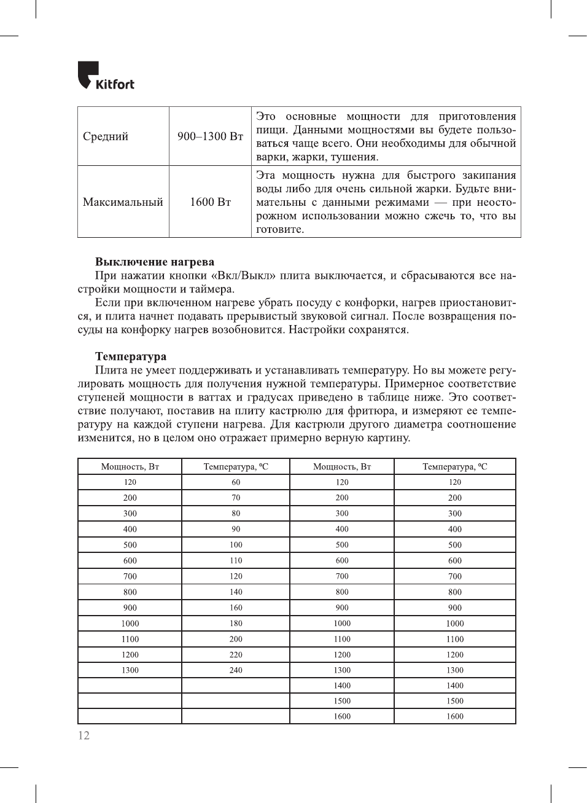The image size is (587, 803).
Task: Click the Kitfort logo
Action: tap(106, 76)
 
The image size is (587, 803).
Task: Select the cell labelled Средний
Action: tap(106, 136)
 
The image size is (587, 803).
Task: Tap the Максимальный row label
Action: tap(123, 202)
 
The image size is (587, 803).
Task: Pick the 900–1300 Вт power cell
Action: tap(210, 136)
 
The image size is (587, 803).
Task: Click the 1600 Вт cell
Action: tap(210, 202)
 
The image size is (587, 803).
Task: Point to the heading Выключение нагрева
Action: tap(155, 262)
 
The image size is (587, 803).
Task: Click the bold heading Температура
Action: tap(131, 356)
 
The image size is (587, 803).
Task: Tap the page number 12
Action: tap(84, 735)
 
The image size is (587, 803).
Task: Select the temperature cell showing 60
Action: tap(236, 482)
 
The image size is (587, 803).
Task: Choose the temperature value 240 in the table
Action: tap(236, 670)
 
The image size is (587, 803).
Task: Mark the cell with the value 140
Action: tap(236, 592)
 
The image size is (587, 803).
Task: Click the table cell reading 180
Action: tap(236, 624)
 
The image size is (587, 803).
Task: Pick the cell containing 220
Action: tap(236, 655)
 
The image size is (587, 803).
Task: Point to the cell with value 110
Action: tap(236, 561)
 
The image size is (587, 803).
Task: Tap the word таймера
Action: tap(212, 289)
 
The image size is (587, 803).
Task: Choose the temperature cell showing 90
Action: tap(236, 529)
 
